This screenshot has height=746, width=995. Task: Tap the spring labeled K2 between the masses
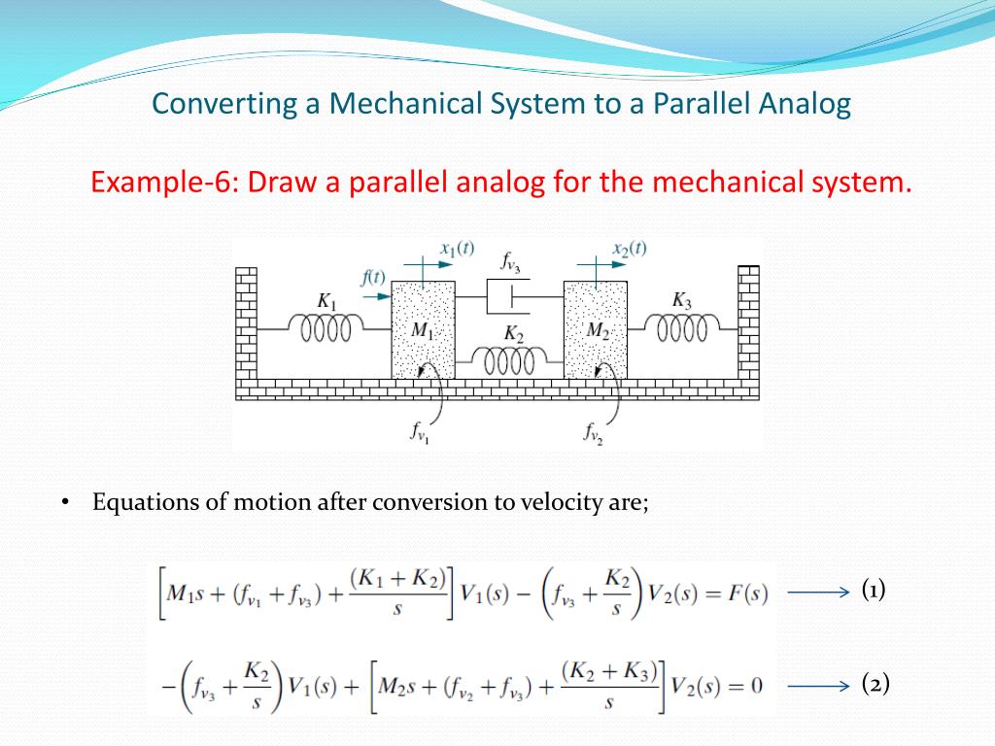click(508, 361)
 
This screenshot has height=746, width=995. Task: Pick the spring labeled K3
click(682, 329)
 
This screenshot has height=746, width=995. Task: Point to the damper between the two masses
click(508, 294)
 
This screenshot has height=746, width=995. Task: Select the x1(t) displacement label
click(457, 248)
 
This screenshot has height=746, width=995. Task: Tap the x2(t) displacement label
click(629, 248)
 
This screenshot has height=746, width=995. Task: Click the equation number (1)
click(875, 590)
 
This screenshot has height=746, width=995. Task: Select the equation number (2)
click(875, 684)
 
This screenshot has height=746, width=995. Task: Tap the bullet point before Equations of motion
click(65, 502)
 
